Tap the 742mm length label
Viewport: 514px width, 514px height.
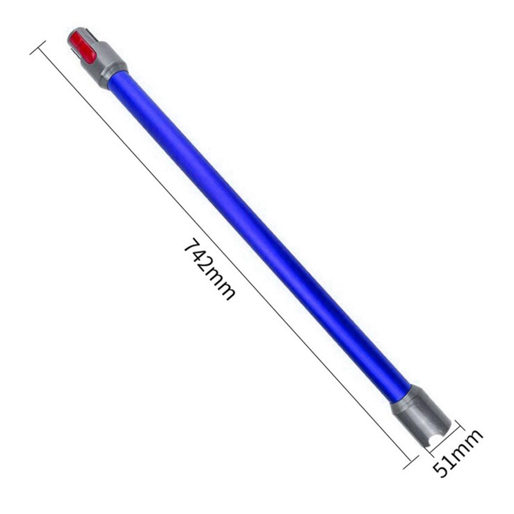point(209,269)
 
